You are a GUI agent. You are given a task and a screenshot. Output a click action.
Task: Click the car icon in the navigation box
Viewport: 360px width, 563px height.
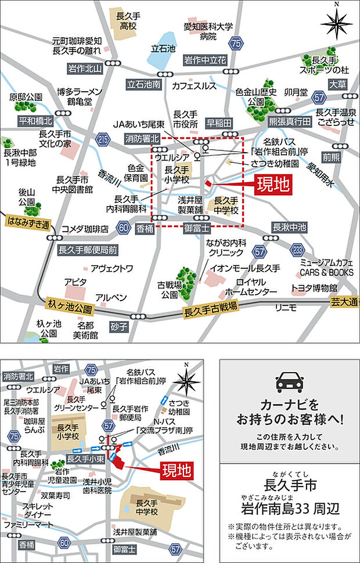(289, 381)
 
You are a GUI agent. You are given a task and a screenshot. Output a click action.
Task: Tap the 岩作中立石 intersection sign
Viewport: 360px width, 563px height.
(205, 60)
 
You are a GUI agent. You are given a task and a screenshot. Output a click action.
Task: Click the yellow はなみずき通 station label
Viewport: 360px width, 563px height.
(27, 222)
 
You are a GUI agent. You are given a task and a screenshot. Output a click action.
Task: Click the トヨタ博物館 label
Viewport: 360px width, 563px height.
(314, 288)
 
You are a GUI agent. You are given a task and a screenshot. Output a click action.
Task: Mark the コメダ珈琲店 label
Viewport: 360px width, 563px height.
(85, 229)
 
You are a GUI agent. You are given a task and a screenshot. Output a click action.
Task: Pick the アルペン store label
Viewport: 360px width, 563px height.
(111, 297)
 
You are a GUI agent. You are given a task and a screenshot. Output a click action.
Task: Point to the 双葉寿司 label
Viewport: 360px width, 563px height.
(55, 496)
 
